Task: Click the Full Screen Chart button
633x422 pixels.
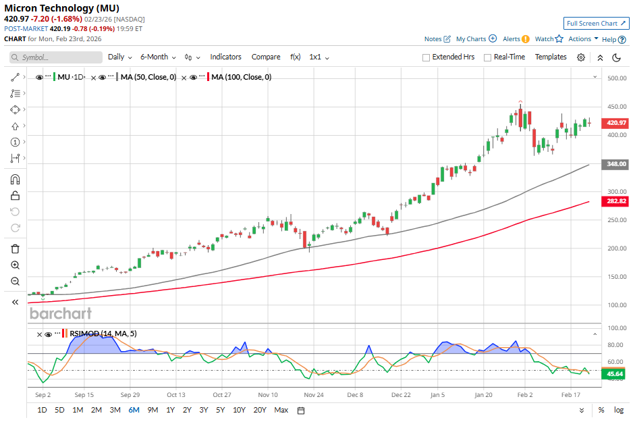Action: tap(596, 23)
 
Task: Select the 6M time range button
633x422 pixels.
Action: tap(134, 410)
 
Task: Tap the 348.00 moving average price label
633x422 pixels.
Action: tap(617, 164)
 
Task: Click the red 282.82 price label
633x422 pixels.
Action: tap(617, 201)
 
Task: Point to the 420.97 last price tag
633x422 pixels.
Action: tap(617, 123)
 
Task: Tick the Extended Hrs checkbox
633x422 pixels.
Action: tap(426, 57)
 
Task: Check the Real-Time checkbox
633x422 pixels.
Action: tap(487, 57)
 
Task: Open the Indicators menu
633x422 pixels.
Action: tap(225, 57)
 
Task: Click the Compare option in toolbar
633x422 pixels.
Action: tap(266, 57)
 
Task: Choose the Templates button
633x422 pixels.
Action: tap(551, 57)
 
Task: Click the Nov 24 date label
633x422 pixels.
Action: tap(314, 394)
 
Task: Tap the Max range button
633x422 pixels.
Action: tap(281, 410)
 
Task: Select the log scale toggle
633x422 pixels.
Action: tap(618, 410)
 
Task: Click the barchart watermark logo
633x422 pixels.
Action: tap(60, 313)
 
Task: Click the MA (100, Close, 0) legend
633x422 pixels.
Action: tap(241, 78)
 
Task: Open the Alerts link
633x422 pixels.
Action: tap(512, 39)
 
